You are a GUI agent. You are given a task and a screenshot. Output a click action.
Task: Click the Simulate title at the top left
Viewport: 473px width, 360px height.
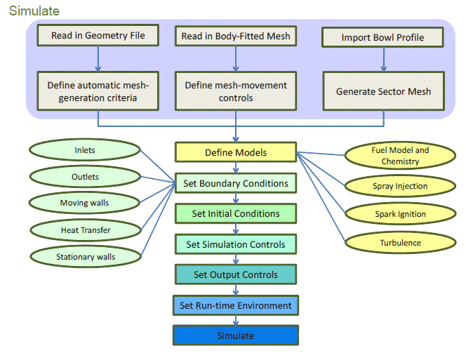click(x=34, y=11)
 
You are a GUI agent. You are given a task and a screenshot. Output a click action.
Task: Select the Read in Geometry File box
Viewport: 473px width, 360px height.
click(x=98, y=35)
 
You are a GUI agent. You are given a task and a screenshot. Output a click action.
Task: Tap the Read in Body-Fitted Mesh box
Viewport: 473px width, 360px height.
click(x=236, y=35)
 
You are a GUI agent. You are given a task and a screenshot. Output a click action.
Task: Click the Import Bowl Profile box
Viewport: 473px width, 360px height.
click(x=382, y=37)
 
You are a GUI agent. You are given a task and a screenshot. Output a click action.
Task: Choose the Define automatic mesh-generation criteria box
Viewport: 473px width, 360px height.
click(x=98, y=91)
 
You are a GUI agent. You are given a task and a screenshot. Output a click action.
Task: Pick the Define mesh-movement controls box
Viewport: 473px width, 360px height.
click(x=236, y=91)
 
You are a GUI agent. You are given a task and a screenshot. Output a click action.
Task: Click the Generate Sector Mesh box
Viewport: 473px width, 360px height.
click(x=383, y=91)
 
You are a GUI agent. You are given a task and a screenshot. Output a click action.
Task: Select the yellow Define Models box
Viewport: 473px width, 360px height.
click(x=236, y=152)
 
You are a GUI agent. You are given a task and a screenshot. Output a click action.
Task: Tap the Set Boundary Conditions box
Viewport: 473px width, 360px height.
click(x=236, y=183)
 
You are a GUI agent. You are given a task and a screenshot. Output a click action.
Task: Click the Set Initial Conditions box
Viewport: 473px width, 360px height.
click(x=236, y=213)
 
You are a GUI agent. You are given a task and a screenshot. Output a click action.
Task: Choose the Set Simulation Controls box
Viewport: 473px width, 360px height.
click(x=236, y=244)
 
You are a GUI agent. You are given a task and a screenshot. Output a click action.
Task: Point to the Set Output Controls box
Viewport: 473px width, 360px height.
click(x=236, y=274)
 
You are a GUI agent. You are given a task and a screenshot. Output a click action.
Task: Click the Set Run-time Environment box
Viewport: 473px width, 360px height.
click(x=236, y=305)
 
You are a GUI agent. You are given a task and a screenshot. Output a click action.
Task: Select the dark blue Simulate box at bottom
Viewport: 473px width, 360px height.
click(x=236, y=335)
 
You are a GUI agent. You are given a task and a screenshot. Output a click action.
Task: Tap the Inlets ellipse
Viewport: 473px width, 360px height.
click(x=85, y=150)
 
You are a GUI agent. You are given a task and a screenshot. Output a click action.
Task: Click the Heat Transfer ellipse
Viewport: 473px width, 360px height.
click(x=85, y=229)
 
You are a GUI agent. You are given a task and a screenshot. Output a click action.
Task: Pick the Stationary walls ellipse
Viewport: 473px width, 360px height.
click(x=86, y=257)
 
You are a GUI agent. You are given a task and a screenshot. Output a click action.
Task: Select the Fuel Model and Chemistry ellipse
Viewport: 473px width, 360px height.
click(x=400, y=156)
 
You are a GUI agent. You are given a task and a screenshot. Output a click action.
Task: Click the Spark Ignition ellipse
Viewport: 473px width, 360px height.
click(x=400, y=213)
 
